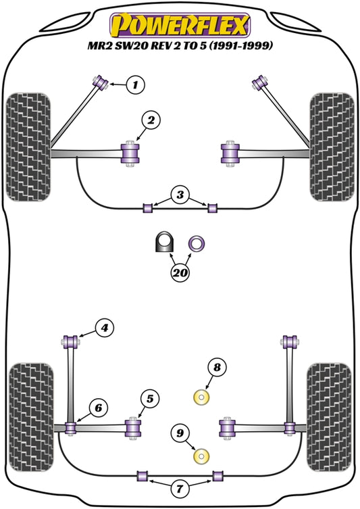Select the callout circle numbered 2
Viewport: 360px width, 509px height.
[x=151, y=121]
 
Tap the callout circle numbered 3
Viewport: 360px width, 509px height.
[x=179, y=196]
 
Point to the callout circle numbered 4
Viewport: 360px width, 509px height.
[x=103, y=329]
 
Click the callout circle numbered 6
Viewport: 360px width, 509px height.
[x=99, y=408]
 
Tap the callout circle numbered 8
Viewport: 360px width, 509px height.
[x=216, y=368]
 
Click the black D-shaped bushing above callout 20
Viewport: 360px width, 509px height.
[x=163, y=242]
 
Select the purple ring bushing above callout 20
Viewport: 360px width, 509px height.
[x=197, y=242]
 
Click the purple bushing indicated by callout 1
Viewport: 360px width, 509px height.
[x=103, y=82]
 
